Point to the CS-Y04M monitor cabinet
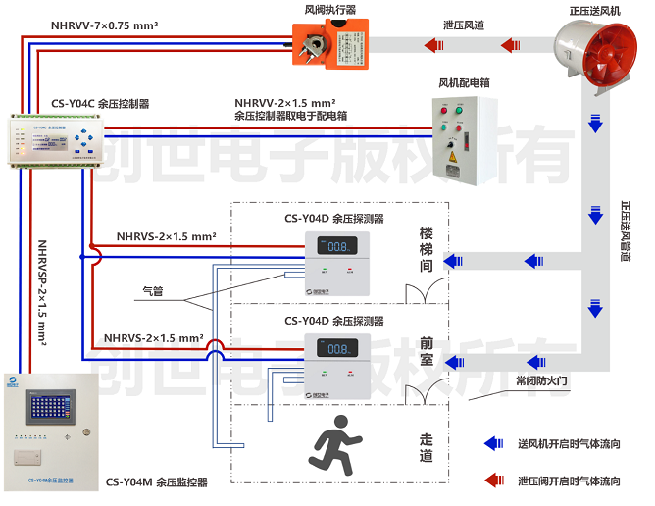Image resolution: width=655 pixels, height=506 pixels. (50, 430)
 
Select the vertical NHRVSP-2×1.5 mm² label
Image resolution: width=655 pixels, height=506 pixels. (44, 294)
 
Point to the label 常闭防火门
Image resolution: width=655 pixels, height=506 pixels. (541, 379)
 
